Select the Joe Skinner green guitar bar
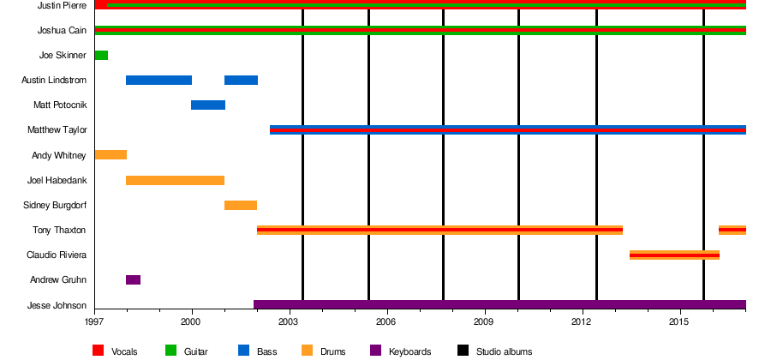coord(101,56)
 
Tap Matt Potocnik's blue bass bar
coord(208,105)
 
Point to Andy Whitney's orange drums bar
coord(111,155)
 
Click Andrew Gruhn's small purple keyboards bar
coord(133,280)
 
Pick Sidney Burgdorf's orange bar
coord(241,206)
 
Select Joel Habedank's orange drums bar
coord(175,181)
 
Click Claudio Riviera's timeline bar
coord(674,255)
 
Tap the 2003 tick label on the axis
coord(290,321)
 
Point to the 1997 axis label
coord(94,321)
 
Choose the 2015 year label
coord(680,321)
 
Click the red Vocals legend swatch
coord(99,351)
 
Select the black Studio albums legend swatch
coord(463,351)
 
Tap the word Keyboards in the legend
coord(409,351)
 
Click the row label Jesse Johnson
coord(57,306)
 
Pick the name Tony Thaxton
coord(59,231)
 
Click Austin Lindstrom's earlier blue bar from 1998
coord(158,81)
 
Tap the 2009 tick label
coord(485,321)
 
